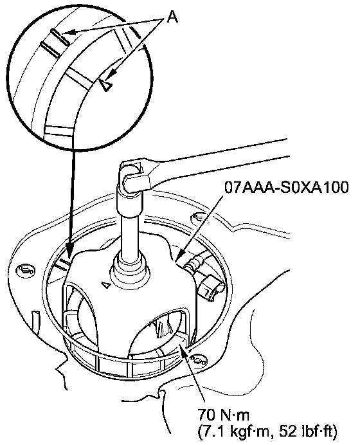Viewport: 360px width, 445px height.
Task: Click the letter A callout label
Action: pyautogui.click(x=172, y=17)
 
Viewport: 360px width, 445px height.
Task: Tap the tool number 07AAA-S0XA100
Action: pyautogui.click(x=287, y=187)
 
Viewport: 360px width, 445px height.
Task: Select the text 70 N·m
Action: pyautogui.click(x=223, y=415)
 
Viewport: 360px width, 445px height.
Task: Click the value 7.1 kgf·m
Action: pyautogui.click(x=233, y=432)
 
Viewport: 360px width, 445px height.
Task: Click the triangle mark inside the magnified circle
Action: pyautogui.click(x=106, y=85)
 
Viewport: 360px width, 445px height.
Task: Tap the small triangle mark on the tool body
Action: pyautogui.click(x=106, y=285)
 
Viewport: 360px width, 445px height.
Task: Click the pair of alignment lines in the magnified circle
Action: pyautogui.click(x=55, y=42)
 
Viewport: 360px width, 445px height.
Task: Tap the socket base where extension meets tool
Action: pyautogui.click(x=130, y=269)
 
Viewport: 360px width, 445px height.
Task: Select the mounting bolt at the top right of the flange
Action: pyautogui.click(x=198, y=218)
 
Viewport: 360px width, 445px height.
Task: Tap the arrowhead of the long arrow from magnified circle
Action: pyautogui.click(x=69, y=251)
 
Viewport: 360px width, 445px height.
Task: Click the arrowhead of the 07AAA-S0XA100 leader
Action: pyautogui.click(x=181, y=256)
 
